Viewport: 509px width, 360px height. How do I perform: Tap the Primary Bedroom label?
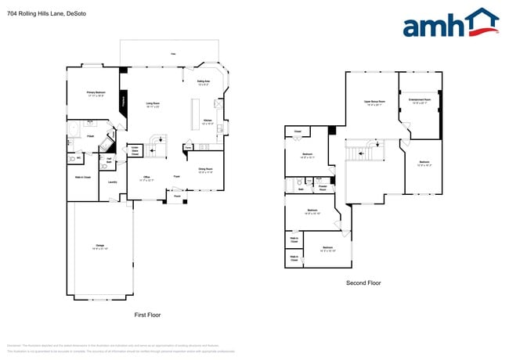pos(96,94)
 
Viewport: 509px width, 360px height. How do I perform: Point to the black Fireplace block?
pos(122,102)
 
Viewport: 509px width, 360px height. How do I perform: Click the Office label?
pos(146,178)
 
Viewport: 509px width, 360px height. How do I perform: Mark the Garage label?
pos(99,247)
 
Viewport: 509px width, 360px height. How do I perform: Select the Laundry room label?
pos(113,182)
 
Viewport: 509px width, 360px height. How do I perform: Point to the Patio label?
pos(173,53)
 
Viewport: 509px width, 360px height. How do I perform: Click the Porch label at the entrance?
pos(177,196)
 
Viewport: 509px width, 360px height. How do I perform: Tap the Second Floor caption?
pos(363,283)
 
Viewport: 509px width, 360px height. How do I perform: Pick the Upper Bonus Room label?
pos(372,103)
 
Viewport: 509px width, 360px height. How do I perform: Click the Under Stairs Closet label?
pos(135,150)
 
